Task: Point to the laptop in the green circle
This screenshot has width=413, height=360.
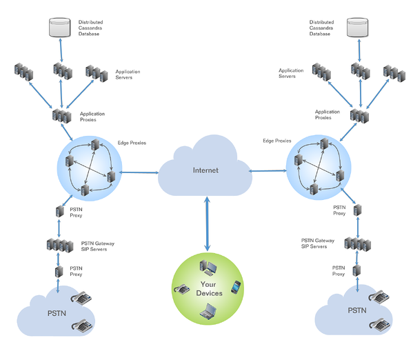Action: click(207, 312)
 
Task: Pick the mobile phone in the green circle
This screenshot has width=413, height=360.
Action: click(236, 286)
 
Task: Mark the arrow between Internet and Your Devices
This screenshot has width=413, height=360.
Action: click(207, 224)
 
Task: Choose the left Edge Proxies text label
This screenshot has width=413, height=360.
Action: click(132, 143)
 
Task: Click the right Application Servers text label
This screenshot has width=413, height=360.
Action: click(291, 73)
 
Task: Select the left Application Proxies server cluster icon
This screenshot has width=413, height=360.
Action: click(61, 115)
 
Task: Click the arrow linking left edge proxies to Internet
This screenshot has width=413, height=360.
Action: click(140, 171)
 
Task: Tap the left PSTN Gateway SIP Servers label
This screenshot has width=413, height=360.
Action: click(97, 246)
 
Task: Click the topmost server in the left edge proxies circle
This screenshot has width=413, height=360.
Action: click(95, 146)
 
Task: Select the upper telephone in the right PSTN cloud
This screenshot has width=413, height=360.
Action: click(377, 297)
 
